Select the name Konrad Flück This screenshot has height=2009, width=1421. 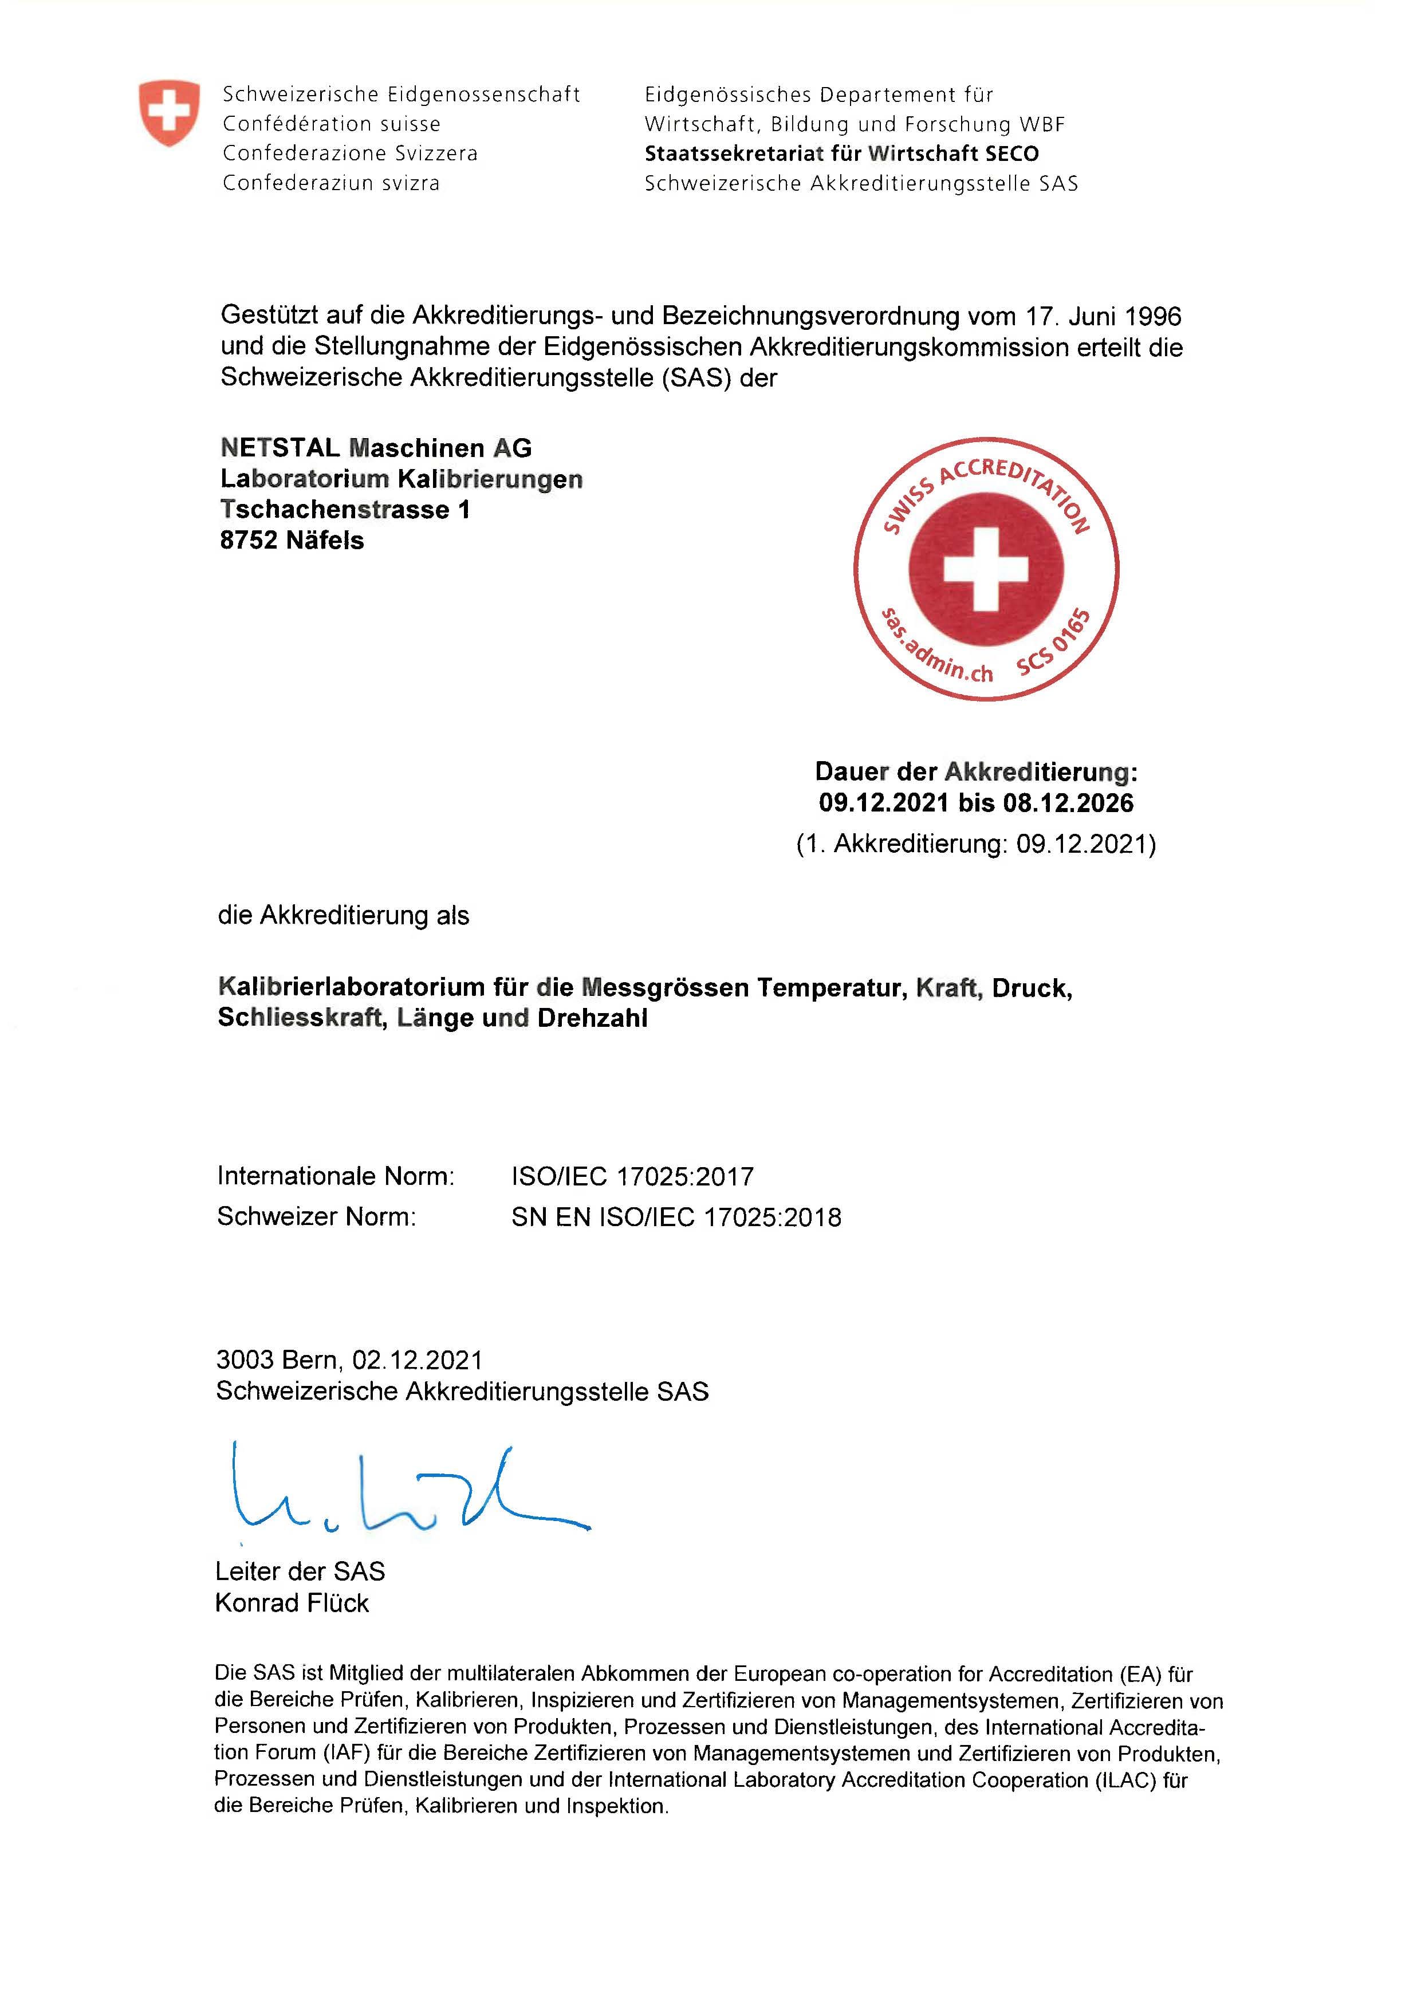[x=292, y=1603]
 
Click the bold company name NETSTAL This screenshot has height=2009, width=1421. [x=280, y=448]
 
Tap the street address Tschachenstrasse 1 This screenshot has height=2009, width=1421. [x=345, y=509]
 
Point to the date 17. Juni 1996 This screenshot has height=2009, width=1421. [x=1103, y=316]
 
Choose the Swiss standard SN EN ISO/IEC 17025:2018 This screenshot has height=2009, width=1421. [x=676, y=1217]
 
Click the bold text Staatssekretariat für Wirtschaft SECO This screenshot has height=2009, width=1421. [x=842, y=154]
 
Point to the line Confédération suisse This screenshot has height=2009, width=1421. [x=332, y=124]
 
